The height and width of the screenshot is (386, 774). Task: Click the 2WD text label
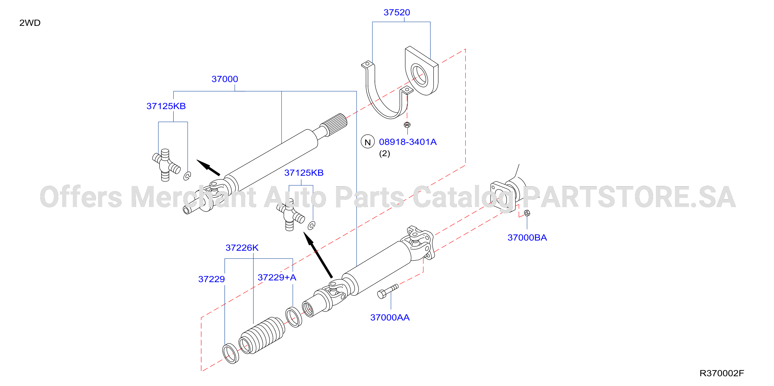tap(30, 23)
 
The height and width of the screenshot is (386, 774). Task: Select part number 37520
tap(397, 12)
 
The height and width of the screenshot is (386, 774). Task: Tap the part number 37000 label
tap(225, 79)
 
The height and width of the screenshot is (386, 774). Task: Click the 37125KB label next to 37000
tap(166, 106)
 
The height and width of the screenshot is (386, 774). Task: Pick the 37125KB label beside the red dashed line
tap(304, 173)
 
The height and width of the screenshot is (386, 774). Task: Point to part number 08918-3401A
tap(408, 142)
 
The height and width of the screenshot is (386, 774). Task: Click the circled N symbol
tap(367, 142)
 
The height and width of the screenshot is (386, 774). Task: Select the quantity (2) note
tap(385, 153)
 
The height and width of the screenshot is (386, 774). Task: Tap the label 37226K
tap(242, 248)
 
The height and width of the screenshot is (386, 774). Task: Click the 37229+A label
tap(277, 277)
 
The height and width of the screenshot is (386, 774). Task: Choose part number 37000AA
tap(390, 318)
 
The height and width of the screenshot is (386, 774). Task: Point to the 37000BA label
tap(527, 237)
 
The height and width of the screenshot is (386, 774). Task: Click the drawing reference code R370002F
tap(722, 373)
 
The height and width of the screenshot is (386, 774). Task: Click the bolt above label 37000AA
tap(388, 291)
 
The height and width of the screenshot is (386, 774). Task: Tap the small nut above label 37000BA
tap(527, 213)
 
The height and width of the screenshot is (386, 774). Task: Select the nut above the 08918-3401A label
tap(407, 125)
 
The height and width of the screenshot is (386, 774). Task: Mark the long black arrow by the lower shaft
tap(318, 255)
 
